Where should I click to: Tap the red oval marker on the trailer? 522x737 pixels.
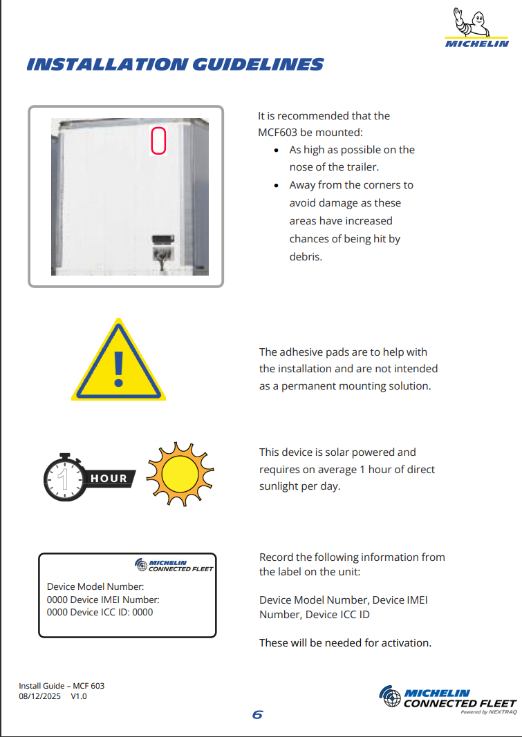[158, 140]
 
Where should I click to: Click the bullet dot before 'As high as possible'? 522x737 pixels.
[277, 150]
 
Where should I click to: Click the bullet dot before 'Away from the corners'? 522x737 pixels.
[277, 185]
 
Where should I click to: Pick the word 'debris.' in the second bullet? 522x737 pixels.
[306, 257]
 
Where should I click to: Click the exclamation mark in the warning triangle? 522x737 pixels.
[119, 367]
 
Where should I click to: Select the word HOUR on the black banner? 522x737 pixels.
[109, 478]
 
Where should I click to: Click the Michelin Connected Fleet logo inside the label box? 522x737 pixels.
[174, 565]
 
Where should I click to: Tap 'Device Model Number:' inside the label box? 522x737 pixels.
[95, 587]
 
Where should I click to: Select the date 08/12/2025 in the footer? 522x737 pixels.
[39, 696]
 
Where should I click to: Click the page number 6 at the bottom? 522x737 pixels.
[258, 714]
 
